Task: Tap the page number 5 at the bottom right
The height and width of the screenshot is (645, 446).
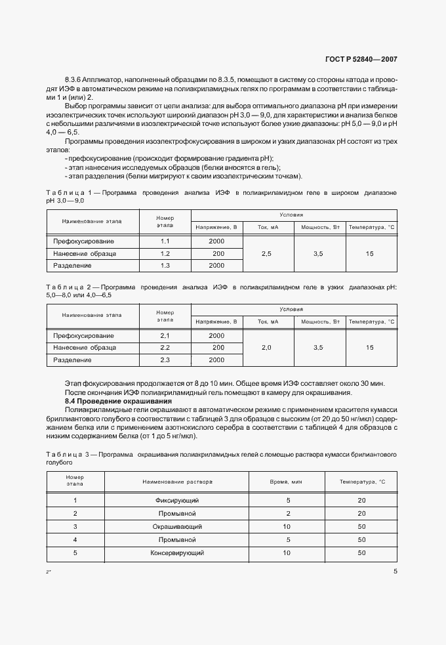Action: pyautogui.click(x=395, y=572)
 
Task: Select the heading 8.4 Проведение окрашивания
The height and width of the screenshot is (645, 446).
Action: pyautogui.click(x=118, y=400)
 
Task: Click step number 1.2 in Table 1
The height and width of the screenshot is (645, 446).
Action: pyautogui.click(x=165, y=253)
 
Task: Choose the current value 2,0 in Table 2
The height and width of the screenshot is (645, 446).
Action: pyautogui.click(x=266, y=347)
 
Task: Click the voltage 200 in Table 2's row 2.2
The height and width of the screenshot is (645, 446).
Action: pyautogui.click(x=216, y=347)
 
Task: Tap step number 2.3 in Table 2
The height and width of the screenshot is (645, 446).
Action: pyautogui.click(x=165, y=360)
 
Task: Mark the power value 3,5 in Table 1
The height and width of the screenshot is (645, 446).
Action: pyautogui.click(x=319, y=253)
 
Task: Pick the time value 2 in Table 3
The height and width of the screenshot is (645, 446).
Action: pyautogui.click(x=286, y=513)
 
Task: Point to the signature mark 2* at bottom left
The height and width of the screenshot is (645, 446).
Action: pyautogui.click(x=49, y=573)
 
